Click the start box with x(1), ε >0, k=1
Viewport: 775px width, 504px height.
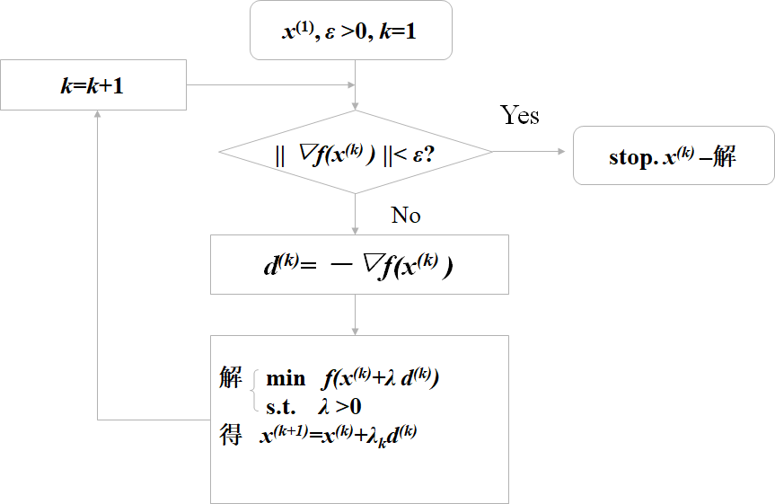click(x=350, y=33)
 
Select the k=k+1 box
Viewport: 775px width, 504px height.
click(x=93, y=84)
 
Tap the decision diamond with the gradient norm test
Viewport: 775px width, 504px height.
click(x=356, y=152)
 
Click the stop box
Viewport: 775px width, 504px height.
click(x=673, y=156)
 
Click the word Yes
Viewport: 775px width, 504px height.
click(x=519, y=116)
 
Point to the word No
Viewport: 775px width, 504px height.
click(x=406, y=216)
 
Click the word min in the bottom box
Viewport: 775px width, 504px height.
click(x=286, y=379)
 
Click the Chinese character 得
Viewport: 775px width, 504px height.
click(x=230, y=436)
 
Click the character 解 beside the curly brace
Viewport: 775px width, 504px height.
click(x=230, y=378)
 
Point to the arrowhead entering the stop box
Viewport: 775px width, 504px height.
click(x=568, y=152)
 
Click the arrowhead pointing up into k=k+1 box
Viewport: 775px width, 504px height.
click(x=96, y=116)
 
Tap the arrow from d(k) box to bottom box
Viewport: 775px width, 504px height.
click(x=357, y=314)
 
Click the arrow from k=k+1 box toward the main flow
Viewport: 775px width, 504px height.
click(x=269, y=85)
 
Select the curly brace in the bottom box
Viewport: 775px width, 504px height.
click(x=252, y=392)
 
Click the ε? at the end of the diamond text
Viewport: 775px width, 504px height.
click(x=423, y=153)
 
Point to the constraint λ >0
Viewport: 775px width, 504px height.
click(x=340, y=406)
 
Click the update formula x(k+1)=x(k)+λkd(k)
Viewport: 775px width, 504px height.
click(x=338, y=437)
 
